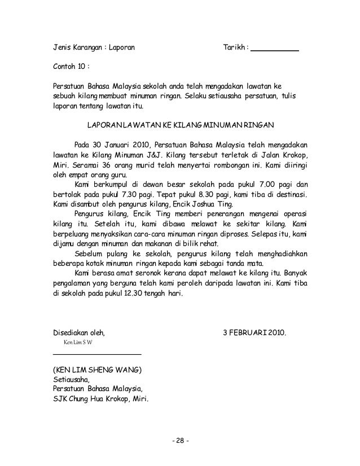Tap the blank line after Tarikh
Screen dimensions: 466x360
(274, 50)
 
